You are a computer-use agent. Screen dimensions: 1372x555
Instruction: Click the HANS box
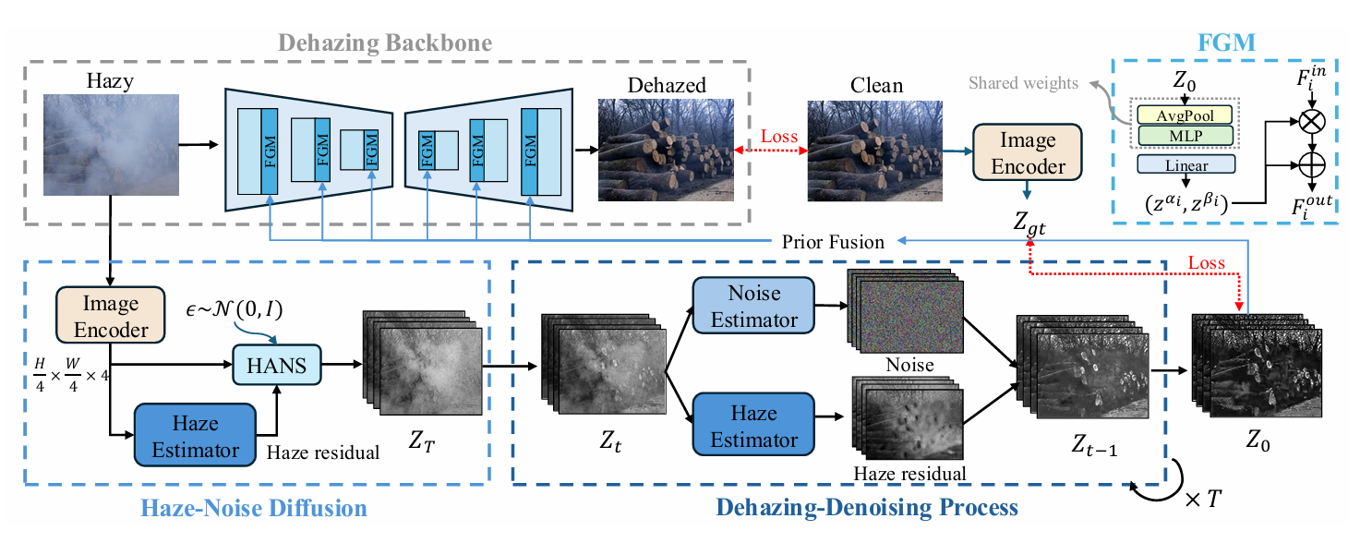tap(277, 365)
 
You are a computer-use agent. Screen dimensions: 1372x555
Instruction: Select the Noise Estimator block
tap(753, 306)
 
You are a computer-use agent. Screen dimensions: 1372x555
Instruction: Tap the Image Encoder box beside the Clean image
tap(1028, 152)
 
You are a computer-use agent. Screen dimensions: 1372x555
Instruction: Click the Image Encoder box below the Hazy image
tap(110, 315)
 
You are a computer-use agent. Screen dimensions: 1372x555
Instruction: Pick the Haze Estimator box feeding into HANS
tap(195, 435)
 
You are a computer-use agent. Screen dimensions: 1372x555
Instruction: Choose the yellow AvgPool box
tap(1185, 115)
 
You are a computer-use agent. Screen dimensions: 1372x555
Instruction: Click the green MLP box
tap(1185, 136)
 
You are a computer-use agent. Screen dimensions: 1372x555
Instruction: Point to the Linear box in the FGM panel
tap(1185, 164)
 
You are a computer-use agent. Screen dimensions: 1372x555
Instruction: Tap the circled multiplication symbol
tap(1311, 121)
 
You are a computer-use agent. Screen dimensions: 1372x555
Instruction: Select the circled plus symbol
tap(1311, 164)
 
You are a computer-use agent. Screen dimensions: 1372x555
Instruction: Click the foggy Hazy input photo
tap(111, 145)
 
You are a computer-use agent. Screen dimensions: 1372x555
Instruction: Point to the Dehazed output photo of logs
tap(666, 151)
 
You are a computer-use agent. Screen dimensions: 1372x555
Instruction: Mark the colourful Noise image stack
tap(905, 310)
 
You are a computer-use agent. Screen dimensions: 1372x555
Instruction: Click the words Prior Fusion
tap(833, 242)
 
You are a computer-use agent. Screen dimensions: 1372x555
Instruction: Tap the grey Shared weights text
tap(1023, 83)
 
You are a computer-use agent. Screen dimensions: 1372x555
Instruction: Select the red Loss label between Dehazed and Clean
tap(779, 136)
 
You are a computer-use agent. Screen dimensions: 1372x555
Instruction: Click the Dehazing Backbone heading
tap(385, 42)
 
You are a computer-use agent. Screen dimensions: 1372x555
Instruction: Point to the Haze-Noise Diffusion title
tap(254, 508)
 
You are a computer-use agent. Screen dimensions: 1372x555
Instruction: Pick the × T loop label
tap(1203, 500)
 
